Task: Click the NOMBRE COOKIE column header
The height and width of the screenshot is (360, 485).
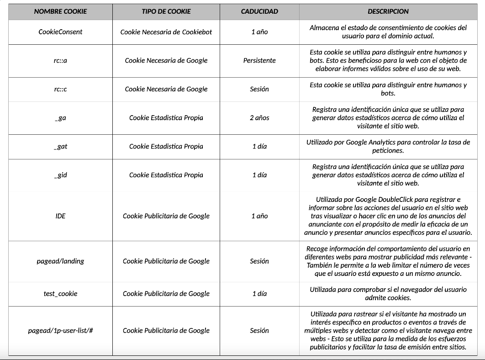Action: pos(60,11)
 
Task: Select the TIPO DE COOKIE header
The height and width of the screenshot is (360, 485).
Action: pos(166,11)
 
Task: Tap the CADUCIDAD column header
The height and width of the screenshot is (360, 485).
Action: pos(259,11)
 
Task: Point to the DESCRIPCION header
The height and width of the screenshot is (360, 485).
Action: pos(388,11)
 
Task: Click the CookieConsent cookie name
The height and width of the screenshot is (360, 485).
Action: pos(60,32)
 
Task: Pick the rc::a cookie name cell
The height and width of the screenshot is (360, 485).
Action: pos(60,60)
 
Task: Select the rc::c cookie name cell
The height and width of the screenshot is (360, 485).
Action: pos(60,89)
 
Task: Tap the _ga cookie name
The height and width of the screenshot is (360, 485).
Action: pos(60,118)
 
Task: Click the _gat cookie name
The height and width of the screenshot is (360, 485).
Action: pos(60,147)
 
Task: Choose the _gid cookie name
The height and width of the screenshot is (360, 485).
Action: pos(60,175)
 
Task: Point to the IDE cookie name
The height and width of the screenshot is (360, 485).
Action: pos(60,216)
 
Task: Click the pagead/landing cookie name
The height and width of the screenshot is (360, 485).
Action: pos(60,261)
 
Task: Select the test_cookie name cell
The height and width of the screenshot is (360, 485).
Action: pos(60,294)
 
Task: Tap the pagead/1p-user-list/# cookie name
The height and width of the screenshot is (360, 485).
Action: pos(60,331)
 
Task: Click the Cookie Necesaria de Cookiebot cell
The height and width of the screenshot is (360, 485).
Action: pos(166,32)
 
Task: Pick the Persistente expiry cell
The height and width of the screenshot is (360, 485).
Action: pos(259,60)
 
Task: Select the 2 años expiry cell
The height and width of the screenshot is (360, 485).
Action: pos(259,118)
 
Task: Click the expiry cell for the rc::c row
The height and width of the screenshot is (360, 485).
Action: pos(259,89)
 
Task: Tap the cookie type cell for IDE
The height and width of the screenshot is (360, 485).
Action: pos(166,216)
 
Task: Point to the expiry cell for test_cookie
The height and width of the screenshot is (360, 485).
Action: pos(259,294)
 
